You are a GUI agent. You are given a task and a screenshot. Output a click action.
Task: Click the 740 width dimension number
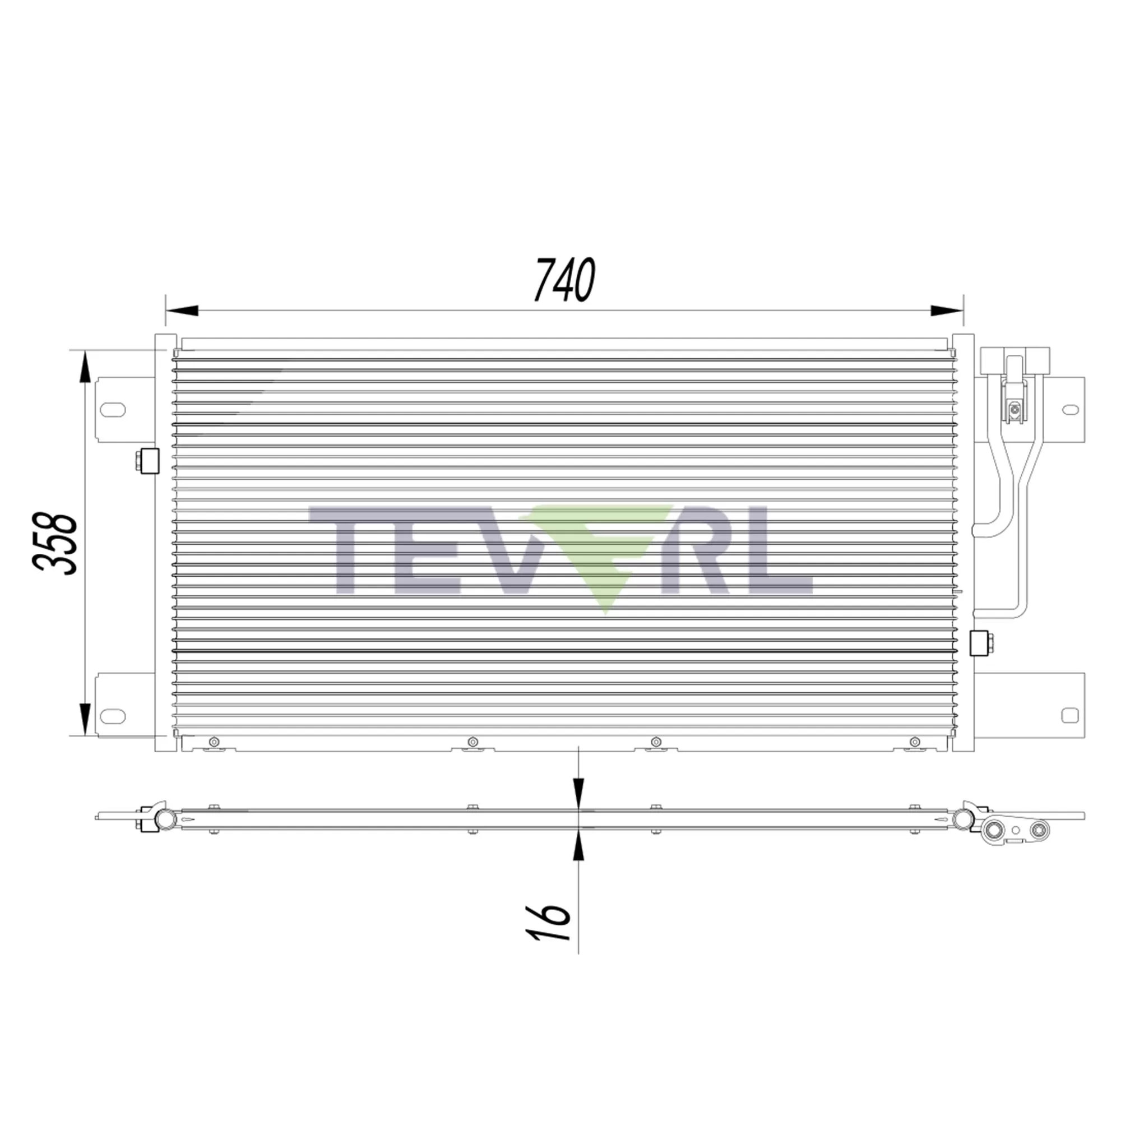point(564,280)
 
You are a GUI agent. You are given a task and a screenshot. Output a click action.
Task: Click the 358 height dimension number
point(55,543)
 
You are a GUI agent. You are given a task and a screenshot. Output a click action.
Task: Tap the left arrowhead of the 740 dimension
point(182,311)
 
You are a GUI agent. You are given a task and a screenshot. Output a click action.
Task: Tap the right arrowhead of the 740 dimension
point(946,311)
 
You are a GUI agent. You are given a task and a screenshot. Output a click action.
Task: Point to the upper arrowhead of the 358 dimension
point(85,367)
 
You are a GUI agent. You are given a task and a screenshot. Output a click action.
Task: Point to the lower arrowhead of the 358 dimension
point(85,720)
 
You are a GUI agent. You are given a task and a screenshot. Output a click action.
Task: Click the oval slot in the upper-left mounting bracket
point(113,410)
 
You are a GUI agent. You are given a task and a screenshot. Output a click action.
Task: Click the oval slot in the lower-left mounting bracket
point(113,716)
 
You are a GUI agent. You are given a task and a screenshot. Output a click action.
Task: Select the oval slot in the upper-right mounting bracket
point(1071,410)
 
